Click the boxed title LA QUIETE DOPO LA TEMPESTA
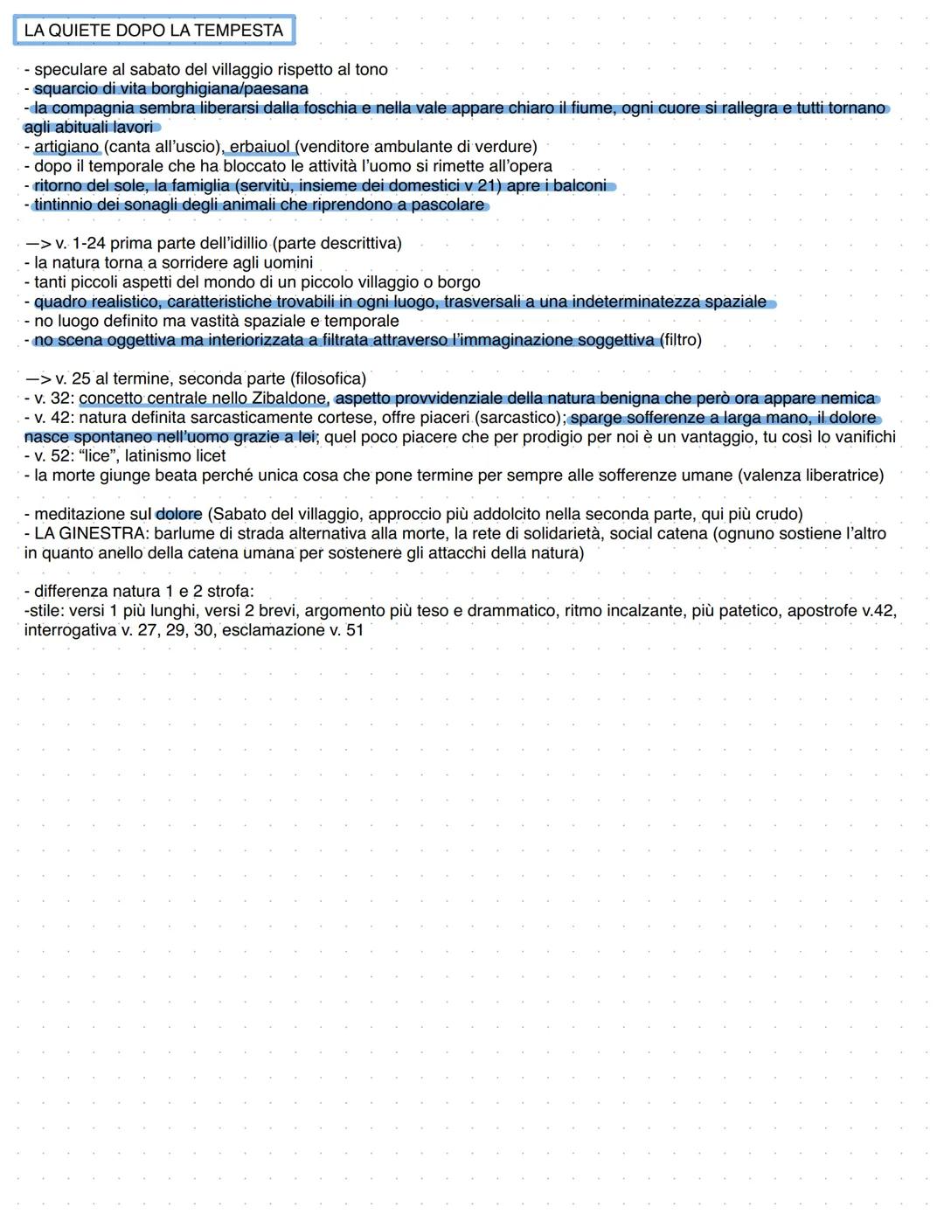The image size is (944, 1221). point(154,31)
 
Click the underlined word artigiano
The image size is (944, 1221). point(67,147)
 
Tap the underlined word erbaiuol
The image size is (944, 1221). point(260,147)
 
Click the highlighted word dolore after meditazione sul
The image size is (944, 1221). point(179,514)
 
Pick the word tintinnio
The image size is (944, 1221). point(67,205)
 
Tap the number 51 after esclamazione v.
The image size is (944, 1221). point(354,630)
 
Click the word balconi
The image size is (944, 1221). point(580,185)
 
